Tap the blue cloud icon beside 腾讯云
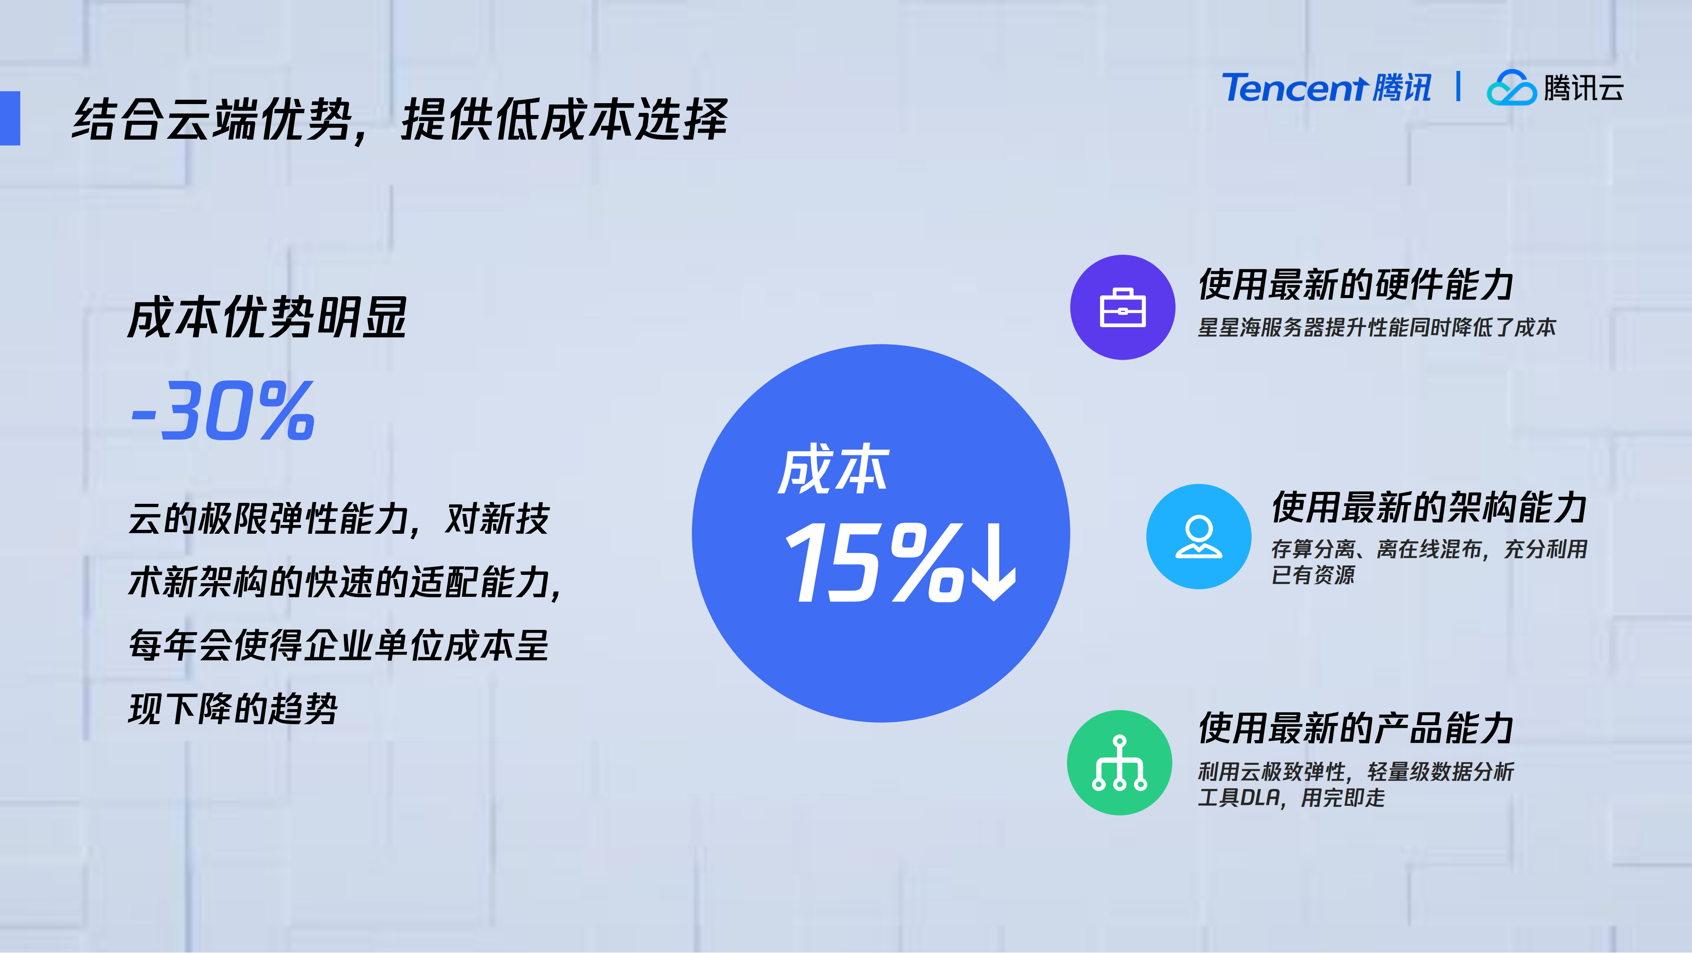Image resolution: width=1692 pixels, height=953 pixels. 1511,89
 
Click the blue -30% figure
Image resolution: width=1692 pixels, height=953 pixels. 223,411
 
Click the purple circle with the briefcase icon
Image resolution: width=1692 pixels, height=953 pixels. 1123,307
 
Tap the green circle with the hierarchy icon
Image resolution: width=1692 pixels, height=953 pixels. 1119,763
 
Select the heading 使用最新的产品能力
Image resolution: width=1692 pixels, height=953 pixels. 1356,728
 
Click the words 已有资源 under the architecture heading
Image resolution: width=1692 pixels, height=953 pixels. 1313,575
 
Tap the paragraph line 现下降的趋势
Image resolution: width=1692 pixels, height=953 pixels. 233,709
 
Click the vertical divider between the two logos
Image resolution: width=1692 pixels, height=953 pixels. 1458,87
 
